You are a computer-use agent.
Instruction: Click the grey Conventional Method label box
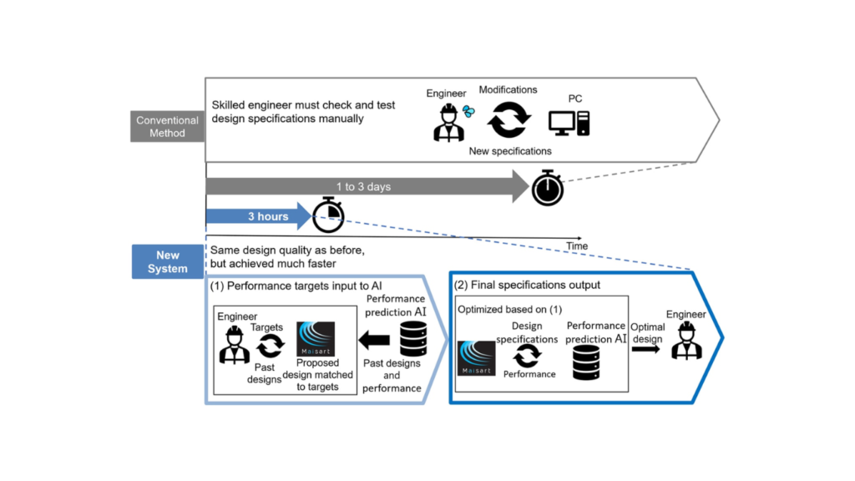[x=168, y=126]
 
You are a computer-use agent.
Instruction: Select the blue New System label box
[x=168, y=261]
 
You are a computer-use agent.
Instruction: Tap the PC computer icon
[x=569, y=122]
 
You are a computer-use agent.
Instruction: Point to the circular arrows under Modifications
[x=508, y=119]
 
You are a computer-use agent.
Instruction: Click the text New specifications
[x=508, y=151]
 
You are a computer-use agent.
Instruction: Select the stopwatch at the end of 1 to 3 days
[x=548, y=187]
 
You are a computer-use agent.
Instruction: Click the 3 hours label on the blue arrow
[x=267, y=216]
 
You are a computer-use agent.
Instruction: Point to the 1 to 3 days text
[x=362, y=187]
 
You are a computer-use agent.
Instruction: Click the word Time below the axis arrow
[x=576, y=246]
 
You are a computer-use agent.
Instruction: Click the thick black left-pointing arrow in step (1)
[x=374, y=340]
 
